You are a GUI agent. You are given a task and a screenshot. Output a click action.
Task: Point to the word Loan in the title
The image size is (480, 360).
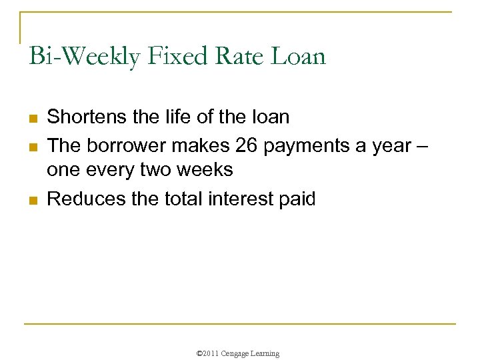click(x=298, y=56)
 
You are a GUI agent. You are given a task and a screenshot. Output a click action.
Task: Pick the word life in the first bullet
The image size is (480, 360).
click(x=173, y=117)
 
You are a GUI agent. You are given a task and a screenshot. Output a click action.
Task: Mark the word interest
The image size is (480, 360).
click(x=238, y=198)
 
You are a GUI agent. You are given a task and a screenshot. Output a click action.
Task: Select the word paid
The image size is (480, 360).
click(x=297, y=198)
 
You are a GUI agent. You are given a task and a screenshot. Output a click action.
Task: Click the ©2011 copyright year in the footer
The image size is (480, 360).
click(x=211, y=353)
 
